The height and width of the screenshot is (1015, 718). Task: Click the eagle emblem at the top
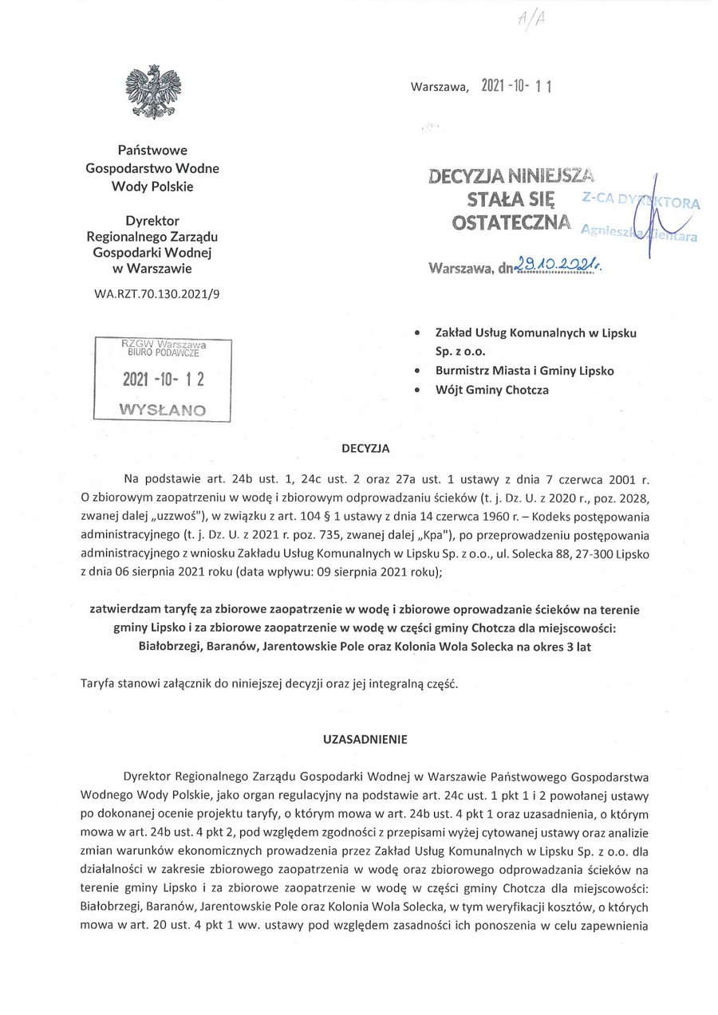click(x=153, y=92)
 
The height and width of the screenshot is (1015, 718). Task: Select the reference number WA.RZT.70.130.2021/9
click(x=156, y=293)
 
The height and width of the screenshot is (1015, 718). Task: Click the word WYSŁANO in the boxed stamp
click(x=162, y=410)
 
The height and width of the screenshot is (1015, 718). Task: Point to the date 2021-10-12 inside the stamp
click(x=163, y=380)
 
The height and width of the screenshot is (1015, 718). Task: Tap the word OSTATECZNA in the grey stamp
click(x=511, y=223)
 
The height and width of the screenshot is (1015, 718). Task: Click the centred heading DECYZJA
click(x=365, y=448)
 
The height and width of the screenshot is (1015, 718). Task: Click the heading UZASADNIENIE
click(x=365, y=739)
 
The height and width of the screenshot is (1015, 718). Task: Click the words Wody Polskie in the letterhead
click(x=152, y=187)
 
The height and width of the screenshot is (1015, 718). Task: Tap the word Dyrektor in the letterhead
click(x=152, y=221)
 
